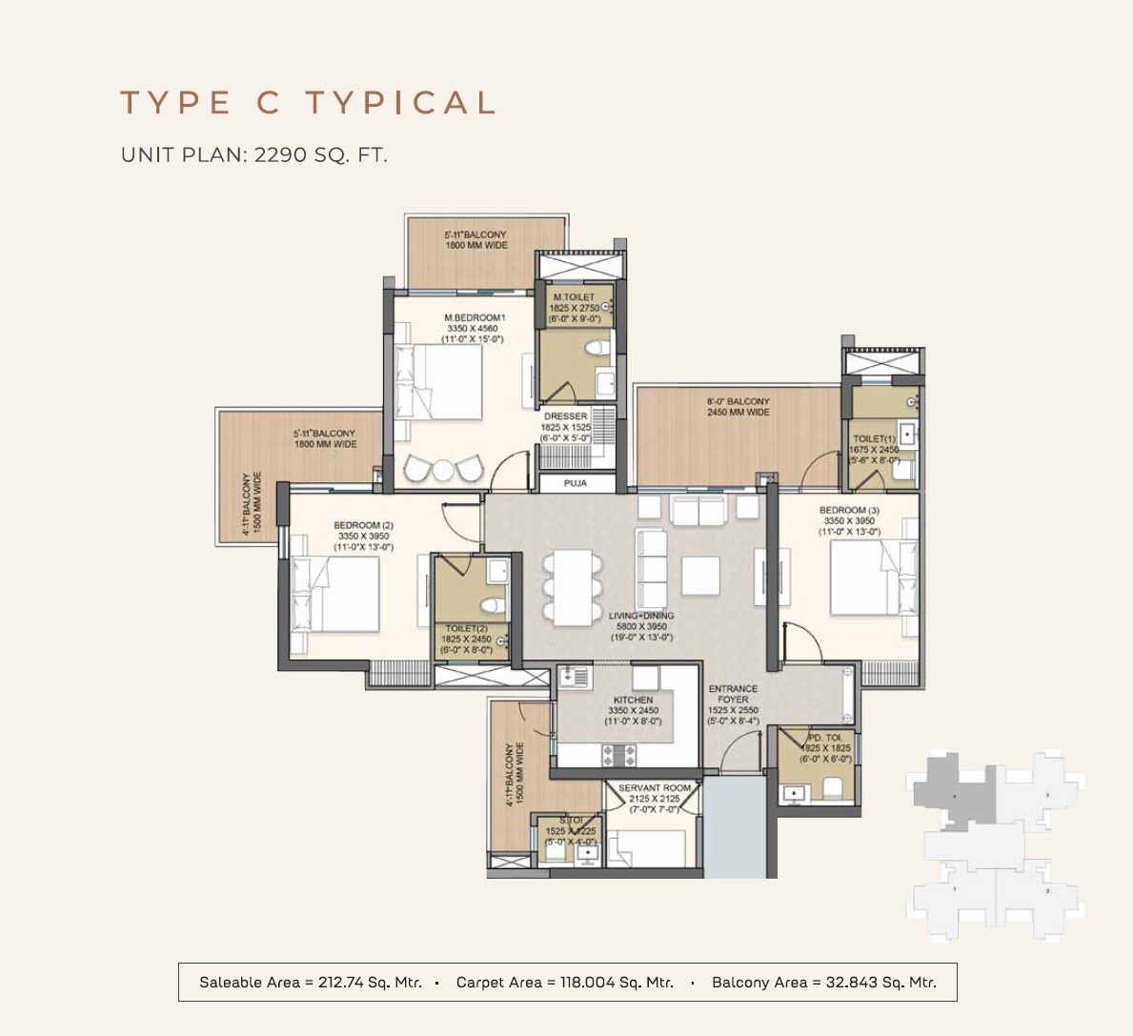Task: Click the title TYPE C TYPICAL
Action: [x=308, y=103]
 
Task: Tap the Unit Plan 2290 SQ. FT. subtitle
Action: [x=253, y=154]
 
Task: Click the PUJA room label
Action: [x=575, y=483]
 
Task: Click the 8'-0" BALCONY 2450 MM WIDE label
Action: [x=738, y=407]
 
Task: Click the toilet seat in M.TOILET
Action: [x=596, y=348]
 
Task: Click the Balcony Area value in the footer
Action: [x=823, y=982]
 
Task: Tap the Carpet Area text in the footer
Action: [x=564, y=982]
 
